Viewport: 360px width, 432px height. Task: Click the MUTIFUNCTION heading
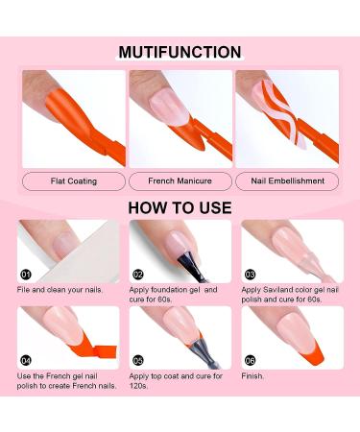tap(180, 52)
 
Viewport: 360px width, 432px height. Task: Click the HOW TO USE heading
tap(180, 206)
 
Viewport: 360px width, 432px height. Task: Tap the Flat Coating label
tap(73, 180)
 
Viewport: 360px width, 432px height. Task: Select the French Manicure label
tap(180, 180)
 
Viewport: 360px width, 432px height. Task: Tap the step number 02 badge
tap(138, 273)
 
